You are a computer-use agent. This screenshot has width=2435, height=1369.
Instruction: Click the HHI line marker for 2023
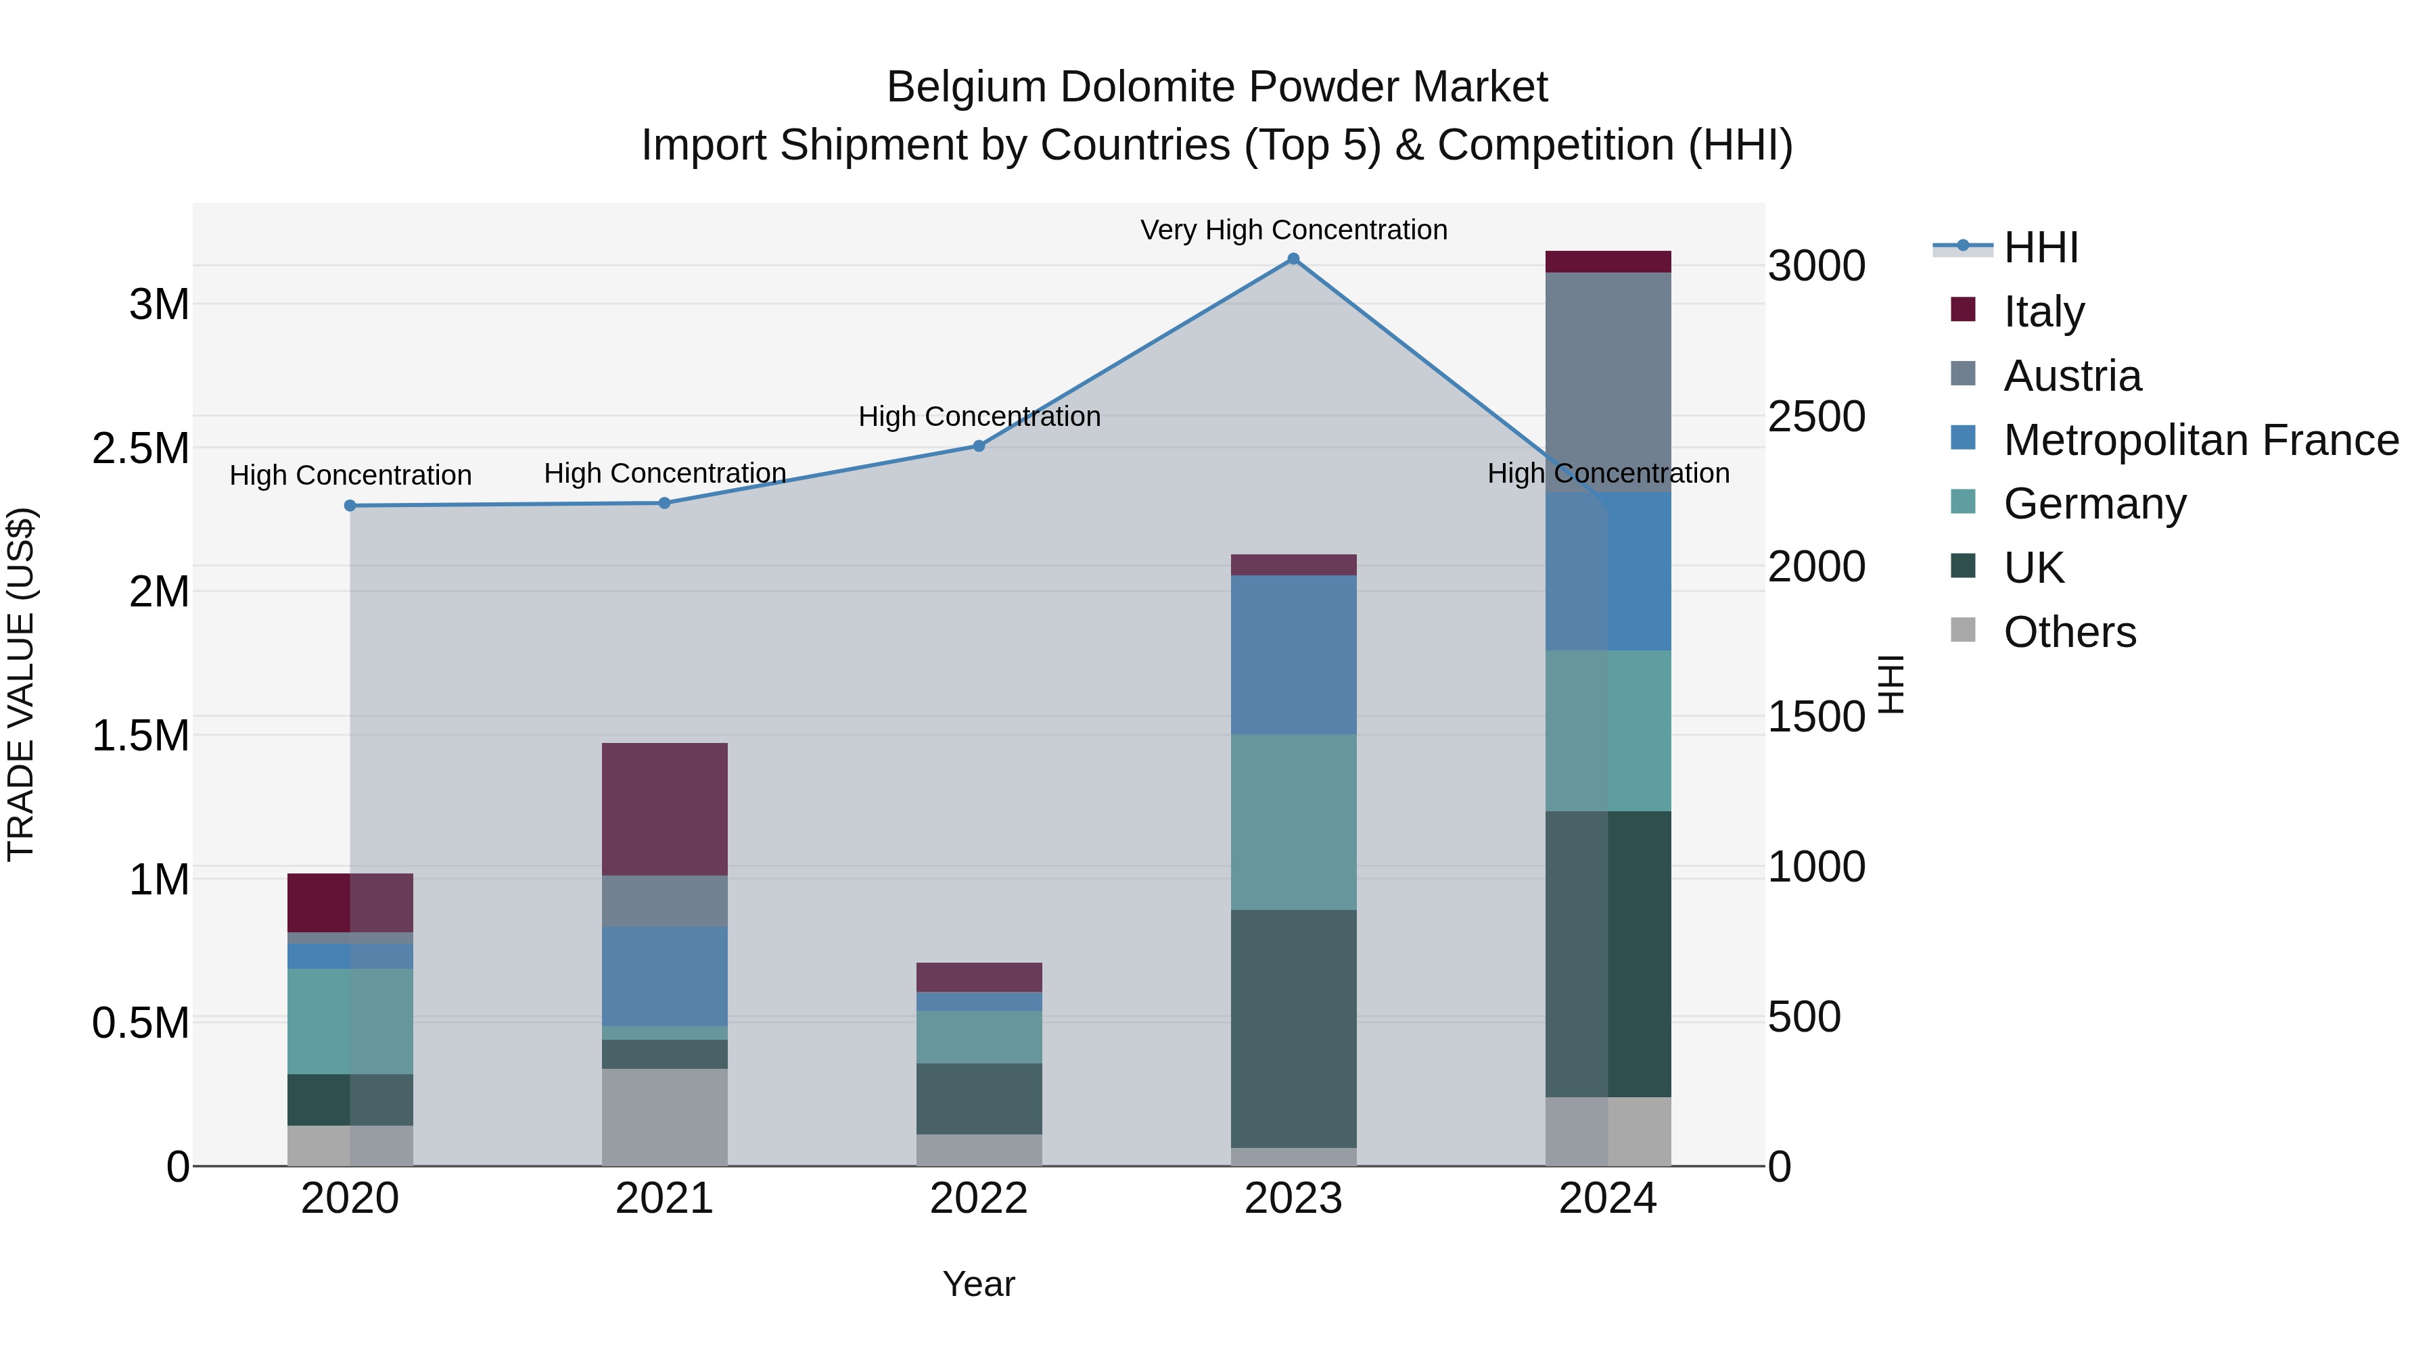click(1293, 259)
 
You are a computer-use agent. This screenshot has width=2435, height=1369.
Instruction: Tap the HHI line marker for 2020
click(350, 506)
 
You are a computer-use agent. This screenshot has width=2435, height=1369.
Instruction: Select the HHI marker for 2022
click(979, 446)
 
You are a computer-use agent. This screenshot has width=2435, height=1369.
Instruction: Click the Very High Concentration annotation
click(1293, 230)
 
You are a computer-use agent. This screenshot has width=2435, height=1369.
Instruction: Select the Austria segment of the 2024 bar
click(1608, 382)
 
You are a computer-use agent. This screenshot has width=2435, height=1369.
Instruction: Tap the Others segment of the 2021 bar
click(664, 1117)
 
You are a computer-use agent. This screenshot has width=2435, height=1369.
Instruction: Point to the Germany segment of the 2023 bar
click(1293, 822)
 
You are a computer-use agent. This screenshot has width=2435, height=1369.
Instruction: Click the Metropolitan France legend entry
click(2200, 440)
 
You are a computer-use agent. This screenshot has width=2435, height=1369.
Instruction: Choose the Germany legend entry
click(2095, 504)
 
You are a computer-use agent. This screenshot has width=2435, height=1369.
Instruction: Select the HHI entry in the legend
click(2040, 247)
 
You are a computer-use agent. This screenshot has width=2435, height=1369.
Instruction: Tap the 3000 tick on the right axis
click(1816, 266)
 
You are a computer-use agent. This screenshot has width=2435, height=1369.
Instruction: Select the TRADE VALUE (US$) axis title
click(21, 684)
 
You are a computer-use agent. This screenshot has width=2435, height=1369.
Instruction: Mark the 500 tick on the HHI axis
click(1803, 1017)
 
